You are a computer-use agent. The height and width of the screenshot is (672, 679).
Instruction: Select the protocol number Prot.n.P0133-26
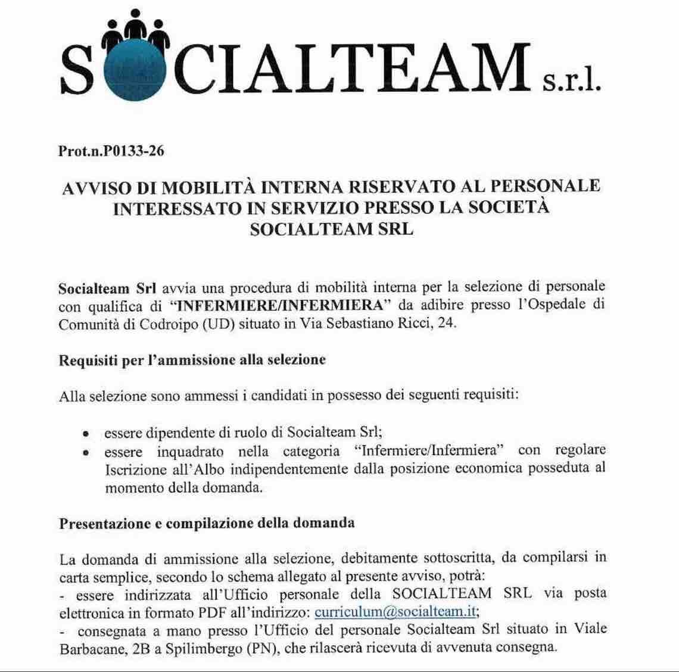111,151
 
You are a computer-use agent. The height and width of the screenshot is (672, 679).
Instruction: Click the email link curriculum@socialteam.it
396,612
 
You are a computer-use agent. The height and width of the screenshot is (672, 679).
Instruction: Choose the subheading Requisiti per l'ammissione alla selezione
192,360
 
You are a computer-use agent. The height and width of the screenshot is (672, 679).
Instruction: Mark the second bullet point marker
87,453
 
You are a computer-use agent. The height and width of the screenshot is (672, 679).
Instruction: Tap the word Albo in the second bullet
209,469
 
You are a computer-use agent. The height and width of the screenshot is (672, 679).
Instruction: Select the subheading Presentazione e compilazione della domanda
207,523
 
